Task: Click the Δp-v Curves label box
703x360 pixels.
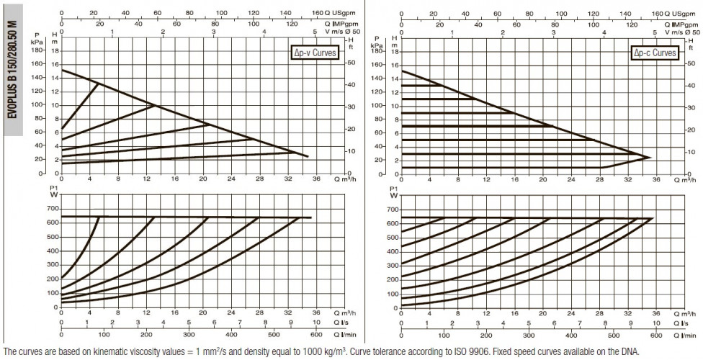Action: [313, 53]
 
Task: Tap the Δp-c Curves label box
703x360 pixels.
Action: [654, 53]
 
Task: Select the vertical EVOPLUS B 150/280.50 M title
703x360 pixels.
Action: [13, 70]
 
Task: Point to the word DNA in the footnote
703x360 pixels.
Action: [631, 351]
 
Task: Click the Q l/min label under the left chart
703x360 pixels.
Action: [345, 335]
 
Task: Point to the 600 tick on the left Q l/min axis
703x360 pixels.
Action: [316, 335]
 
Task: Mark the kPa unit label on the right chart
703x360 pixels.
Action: [377, 45]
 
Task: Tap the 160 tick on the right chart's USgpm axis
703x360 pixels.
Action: [658, 14]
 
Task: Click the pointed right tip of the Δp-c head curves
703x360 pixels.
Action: [650, 158]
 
